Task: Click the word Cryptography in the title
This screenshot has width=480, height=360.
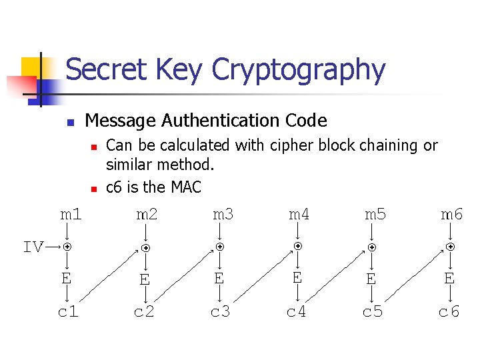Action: click(x=298, y=70)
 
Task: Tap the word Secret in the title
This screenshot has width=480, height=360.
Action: click(x=104, y=69)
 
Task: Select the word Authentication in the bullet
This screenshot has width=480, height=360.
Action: click(x=214, y=121)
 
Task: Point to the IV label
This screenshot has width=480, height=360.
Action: click(x=33, y=247)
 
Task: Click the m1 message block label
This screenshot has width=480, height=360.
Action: click(x=71, y=214)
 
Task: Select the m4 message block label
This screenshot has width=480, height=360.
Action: click(x=299, y=214)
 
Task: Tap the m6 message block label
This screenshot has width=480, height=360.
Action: click(x=451, y=214)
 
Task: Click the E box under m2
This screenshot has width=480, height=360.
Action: click(x=144, y=279)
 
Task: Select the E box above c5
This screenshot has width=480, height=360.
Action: click(x=371, y=279)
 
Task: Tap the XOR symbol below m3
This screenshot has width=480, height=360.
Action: click(x=219, y=247)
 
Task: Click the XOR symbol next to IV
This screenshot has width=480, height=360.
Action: click(x=67, y=247)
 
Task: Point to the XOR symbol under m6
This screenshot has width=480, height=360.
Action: click(x=451, y=247)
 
